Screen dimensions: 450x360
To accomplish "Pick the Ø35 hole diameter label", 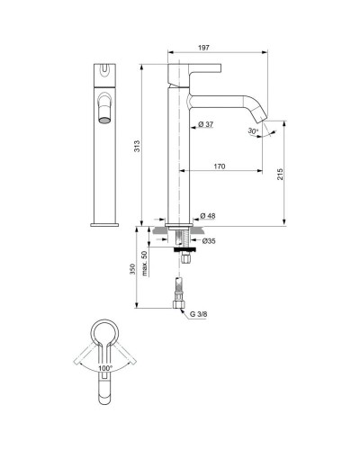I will coord(208,241).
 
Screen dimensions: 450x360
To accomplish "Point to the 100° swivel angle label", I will coord(105,370).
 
